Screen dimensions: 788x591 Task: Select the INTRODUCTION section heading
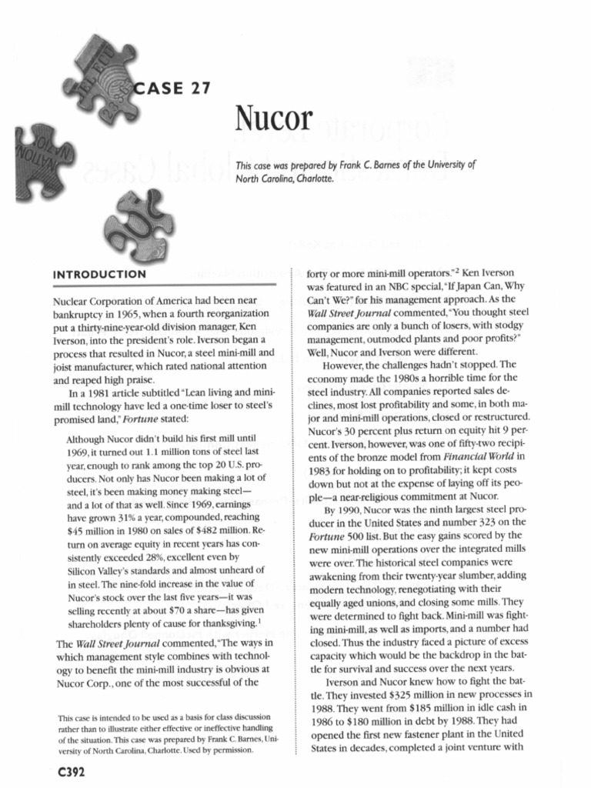tap(98, 274)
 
